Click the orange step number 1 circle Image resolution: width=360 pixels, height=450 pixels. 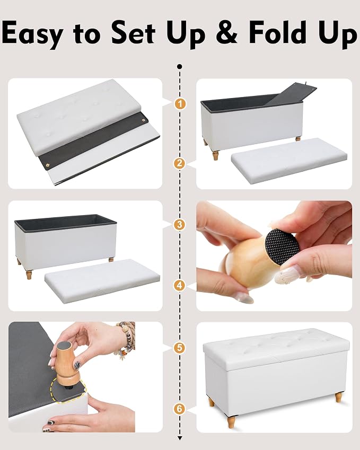click(x=180, y=103)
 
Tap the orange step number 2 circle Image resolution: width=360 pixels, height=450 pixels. click(x=180, y=164)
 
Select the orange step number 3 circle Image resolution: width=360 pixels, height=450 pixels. click(x=180, y=225)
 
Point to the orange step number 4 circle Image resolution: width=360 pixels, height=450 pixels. click(x=180, y=286)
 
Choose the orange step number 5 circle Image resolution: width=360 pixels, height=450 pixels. click(x=179, y=348)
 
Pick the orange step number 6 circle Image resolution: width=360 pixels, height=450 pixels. click(x=179, y=409)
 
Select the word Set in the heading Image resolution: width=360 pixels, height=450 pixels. click(x=133, y=32)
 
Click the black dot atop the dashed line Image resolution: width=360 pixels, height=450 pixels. click(x=180, y=67)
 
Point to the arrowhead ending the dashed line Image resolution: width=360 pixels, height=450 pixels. click(x=180, y=438)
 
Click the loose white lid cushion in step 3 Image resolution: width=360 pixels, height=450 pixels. click(x=102, y=281)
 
